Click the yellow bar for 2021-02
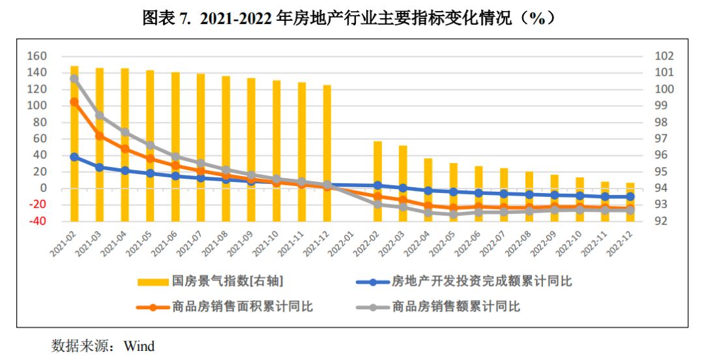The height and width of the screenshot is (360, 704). coord(74,143)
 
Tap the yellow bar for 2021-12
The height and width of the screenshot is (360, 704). coord(327,153)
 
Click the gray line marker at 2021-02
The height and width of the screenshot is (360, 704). coord(74,79)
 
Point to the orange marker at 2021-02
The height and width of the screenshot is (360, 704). coord(74,102)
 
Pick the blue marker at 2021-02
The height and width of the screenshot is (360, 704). coord(74,157)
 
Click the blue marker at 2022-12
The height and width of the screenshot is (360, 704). coord(630,196)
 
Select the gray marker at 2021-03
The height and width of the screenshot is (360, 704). coord(100,115)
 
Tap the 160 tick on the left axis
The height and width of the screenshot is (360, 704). coord(37,56)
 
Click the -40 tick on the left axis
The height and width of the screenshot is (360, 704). coord(37,221)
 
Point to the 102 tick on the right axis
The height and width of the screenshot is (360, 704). coord(664,56)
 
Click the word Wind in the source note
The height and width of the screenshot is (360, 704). coord(139,346)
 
